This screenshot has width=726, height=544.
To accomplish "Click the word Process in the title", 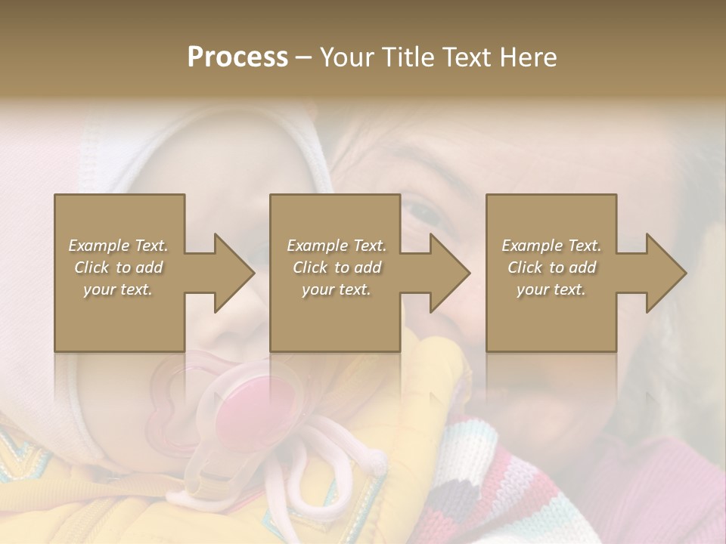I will pyautogui.click(x=237, y=57).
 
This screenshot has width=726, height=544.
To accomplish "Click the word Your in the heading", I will pyautogui.click(x=346, y=57).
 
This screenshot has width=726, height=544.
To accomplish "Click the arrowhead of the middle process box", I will pyautogui.click(x=449, y=273).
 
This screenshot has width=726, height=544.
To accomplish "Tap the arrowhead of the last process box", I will pyautogui.click(x=665, y=273).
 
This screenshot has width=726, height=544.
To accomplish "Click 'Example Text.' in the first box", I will pyautogui.click(x=119, y=246).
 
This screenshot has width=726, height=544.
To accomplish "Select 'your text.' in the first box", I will pyautogui.click(x=119, y=289).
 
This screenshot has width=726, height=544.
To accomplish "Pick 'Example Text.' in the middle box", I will pyautogui.click(x=337, y=246).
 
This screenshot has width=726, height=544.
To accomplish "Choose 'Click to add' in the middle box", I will pyautogui.click(x=337, y=267).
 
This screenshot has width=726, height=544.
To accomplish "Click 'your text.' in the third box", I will pyautogui.click(x=551, y=289).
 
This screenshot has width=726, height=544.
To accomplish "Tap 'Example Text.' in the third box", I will pyautogui.click(x=551, y=246).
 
